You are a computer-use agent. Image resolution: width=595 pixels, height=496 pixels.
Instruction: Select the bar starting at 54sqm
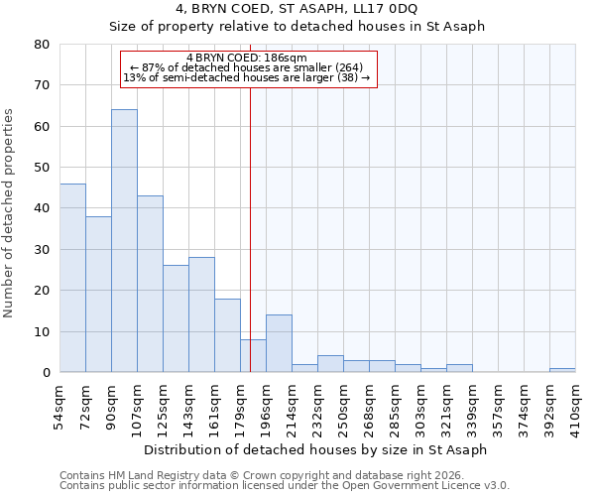72,278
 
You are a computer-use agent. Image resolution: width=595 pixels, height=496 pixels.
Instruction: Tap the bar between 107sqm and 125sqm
150,284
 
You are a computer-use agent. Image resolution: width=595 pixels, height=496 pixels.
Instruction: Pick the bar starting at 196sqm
279,343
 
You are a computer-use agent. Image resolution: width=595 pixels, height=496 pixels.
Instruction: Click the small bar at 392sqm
562,370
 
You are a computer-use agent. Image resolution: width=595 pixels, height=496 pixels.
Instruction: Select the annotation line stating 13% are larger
246,77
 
